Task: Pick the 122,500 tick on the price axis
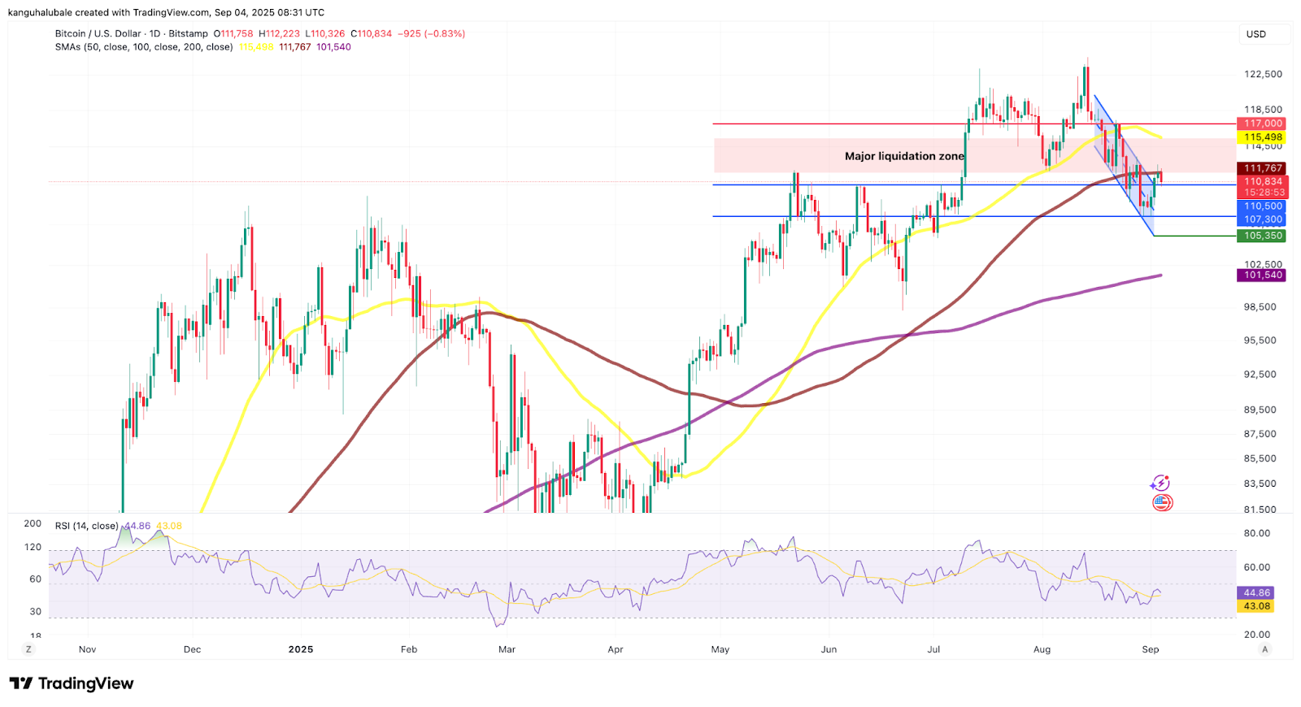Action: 1263,74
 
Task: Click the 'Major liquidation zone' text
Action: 904,156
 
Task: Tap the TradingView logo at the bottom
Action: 72,683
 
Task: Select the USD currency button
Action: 1256,34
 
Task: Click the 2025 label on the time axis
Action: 301,649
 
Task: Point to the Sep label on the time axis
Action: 1150,649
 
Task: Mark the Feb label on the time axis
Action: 409,649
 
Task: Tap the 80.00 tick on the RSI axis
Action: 1257,533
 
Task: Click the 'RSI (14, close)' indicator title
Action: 87,526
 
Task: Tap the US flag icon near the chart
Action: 1162,503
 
